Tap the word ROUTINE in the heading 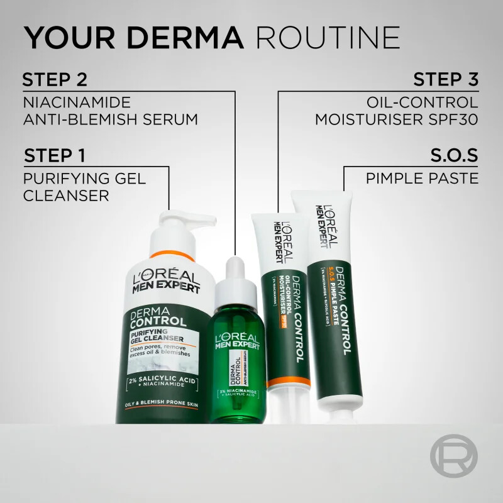point(329,38)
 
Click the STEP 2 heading point(54,80)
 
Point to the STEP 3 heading point(445,80)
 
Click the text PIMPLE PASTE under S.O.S point(422,179)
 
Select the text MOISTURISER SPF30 point(397,119)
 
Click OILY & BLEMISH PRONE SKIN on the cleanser point(162,404)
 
